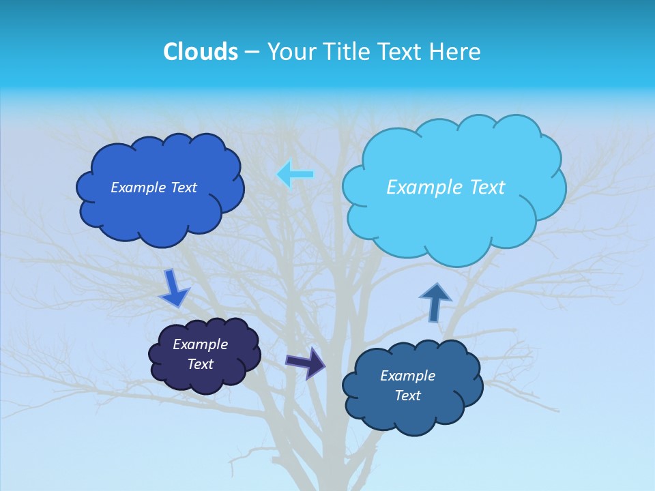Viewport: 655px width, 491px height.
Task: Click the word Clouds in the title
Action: (200, 52)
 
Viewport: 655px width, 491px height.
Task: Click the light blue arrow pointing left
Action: (295, 175)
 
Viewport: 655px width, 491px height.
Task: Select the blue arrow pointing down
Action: (174, 288)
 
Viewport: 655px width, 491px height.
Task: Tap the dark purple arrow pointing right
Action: (306, 362)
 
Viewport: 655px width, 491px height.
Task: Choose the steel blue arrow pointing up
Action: (435, 302)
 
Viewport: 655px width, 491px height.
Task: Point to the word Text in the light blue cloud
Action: (487, 188)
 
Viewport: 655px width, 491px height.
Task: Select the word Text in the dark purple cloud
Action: (200, 365)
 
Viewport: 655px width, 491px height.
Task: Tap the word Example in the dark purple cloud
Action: (200, 345)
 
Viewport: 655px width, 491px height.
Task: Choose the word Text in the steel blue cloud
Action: (407, 396)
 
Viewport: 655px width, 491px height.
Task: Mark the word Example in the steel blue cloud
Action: (407, 376)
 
